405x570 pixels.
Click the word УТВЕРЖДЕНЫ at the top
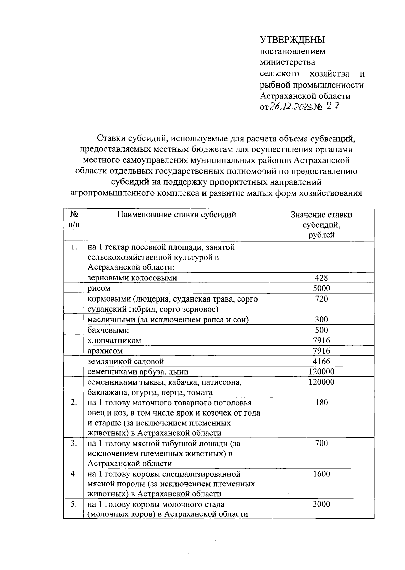[x=292, y=40]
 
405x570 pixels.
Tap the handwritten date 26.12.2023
[x=291, y=107]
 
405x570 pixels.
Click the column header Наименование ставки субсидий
[x=176, y=215]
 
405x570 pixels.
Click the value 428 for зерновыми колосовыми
[x=321, y=278]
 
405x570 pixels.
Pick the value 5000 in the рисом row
[x=321, y=288]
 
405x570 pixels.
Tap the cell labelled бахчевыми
[x=108, y=330]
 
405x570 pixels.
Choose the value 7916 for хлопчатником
[x=321, y=340]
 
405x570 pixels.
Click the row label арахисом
[x=105, y=351]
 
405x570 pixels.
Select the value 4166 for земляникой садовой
[x=321, y=361]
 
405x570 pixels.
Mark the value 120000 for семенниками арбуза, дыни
[x=321, y=372]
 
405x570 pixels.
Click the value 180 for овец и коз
[x=321, y=403]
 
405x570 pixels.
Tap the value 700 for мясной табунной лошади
[x=321, y=443]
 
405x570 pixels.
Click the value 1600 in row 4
[x=321, y=474]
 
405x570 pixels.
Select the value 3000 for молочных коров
[x=321, y=504]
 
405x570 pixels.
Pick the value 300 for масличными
[x=321, y=319]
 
